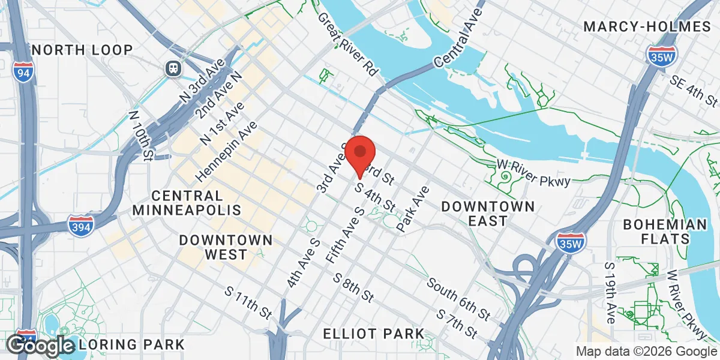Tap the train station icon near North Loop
[x=174, y=68]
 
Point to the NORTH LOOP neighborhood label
[x=83, y=49]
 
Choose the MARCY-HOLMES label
[x=647, y=26]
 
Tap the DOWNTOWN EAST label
[x=488, y=214]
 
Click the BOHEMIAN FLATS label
[x=665, y=231]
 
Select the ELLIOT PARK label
[x=373, y=334]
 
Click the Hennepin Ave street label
[x=227, y=152]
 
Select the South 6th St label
[x=460, y=298]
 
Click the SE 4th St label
[x=694, y=89]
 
